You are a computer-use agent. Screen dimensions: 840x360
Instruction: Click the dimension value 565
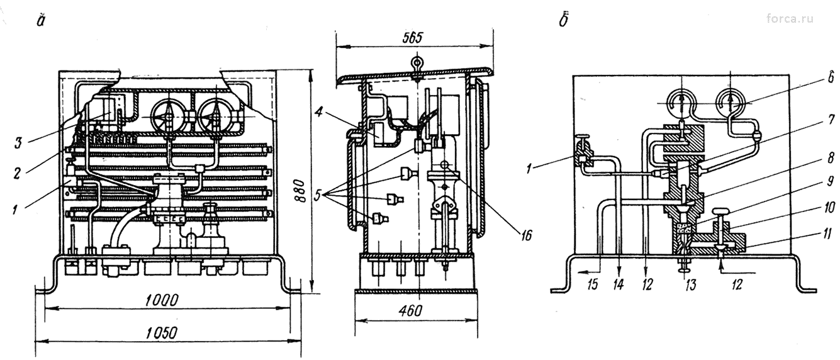click(x=413, y=38)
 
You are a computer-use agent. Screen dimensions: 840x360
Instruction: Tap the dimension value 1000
click(x=162, y=300)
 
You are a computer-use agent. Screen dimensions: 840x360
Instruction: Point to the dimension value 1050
click(x=161, y=333)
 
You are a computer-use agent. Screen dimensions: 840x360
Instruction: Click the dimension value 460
click(x=411, y=310)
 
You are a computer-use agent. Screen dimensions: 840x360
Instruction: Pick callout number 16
click(x=526, y=235)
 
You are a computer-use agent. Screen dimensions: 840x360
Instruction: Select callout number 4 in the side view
click(x=319, y=112)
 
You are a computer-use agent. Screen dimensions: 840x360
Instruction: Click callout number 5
click(x=318, y=195)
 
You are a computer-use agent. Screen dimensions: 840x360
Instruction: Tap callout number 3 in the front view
click(x=18, y=143)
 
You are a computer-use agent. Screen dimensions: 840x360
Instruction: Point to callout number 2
click(x=17, y=173)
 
